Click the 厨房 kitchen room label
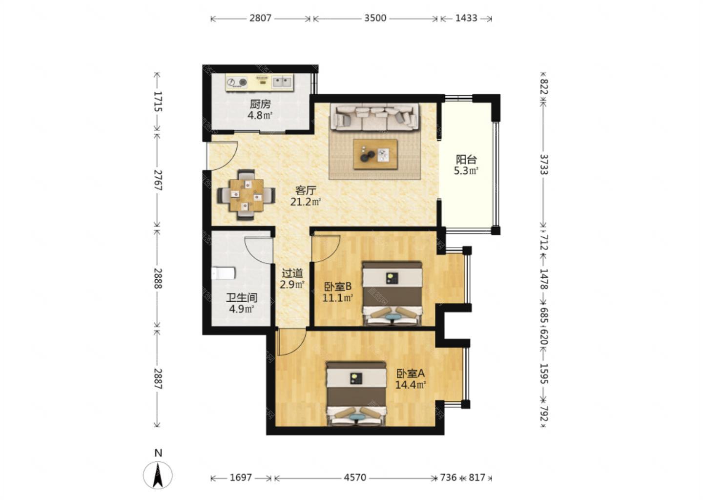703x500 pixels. (x=260, y=104)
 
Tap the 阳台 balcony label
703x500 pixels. (x=466, y=160)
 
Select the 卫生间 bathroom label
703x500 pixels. (x=242, y=298)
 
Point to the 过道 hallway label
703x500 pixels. (x=292, y=273)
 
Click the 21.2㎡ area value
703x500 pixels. (x=306, y=202)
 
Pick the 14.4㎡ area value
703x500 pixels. (x=410, y=385)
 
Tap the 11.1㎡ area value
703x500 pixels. (x=338, y=297)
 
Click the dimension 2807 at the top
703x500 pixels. (x=260, y=18)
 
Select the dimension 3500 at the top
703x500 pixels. (x=375, y=18)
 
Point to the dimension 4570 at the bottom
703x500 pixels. (x=355, y=478)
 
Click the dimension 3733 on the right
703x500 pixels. (x=544, y=165)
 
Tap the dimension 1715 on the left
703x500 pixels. (x=158, y=102)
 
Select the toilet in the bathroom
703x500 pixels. (x=223, y=273)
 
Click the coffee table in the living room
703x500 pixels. (x=375, y=154)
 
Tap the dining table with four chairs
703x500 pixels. (x=247, y=195)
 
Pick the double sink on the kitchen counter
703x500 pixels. (x=282, y=82)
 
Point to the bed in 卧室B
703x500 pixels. (x=392, y=294)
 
